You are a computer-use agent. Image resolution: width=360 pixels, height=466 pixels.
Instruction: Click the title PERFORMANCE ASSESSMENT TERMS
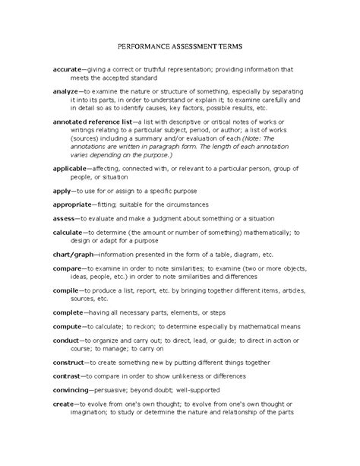click(x=180, y=47)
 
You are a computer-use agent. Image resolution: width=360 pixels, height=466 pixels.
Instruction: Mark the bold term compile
click(x=67, y=290)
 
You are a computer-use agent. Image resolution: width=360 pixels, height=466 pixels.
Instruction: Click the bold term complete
click(x=70, y=312)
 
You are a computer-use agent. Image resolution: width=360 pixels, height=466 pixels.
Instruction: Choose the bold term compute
click(x=68, y=327)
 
